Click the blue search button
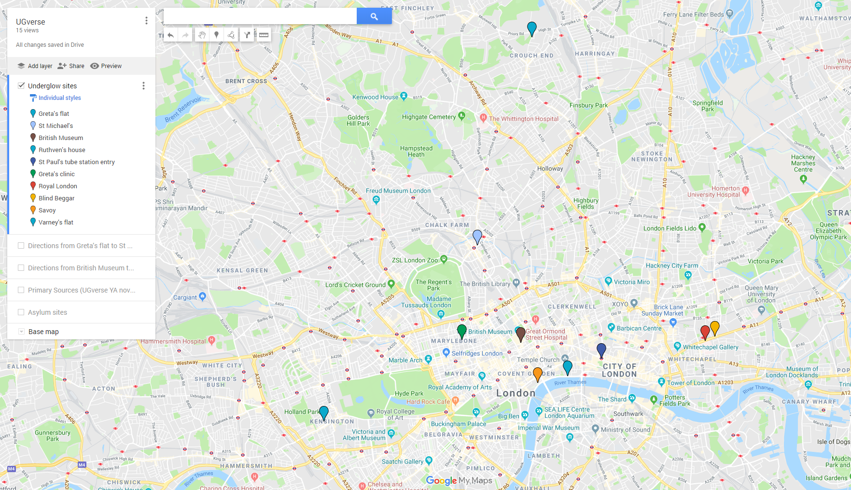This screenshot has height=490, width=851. click(374, 16)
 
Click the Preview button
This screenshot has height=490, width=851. click(106, 66)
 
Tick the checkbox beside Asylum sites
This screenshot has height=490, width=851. click(21, 312)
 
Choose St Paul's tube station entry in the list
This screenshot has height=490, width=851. click(76, 162)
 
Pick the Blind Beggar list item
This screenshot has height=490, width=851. click(56, 198)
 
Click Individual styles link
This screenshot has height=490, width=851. click(59, 98)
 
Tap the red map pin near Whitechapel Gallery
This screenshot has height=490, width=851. click(705, 332)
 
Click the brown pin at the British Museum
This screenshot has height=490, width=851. click(520, 334)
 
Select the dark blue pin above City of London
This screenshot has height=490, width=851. click(601, 350)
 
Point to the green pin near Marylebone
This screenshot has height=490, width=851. click(461, 331)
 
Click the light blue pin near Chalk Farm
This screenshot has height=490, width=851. click(477, 237)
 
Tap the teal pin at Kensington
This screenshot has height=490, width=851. click(324, 412)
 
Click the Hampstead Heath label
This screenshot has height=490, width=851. click(416, 152)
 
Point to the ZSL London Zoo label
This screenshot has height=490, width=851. click(415, 260)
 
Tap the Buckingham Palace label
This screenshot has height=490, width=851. click(459, 424)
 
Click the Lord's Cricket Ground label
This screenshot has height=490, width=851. click(355, 285)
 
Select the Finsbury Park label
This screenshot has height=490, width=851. click(588, 105)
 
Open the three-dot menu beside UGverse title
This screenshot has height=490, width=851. click(146, 21)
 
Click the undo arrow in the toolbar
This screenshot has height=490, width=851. click(171, 35)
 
